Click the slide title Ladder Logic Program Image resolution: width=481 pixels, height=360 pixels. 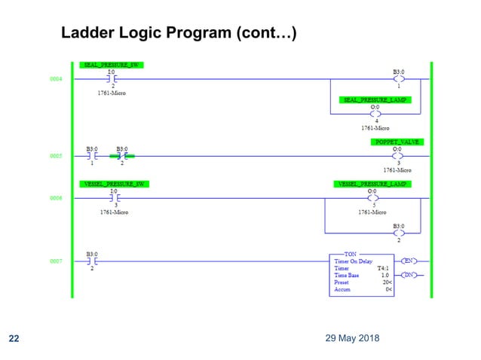[x=178, y=33]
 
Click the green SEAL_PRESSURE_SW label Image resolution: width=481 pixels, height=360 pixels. [x=111, y=65]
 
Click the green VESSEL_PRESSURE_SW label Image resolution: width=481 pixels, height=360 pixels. [x=113, y=184]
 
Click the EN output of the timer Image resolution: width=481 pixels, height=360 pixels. [x=408, y=261]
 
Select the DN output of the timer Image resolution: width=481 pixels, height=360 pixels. [x=408, y=276]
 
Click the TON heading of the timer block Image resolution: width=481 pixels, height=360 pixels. [x=351, y=255]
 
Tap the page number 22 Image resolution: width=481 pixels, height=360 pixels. [x=14, y=338]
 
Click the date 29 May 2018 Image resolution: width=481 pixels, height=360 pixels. [x=348, y=337]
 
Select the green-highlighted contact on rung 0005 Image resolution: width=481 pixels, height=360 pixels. [x=121, y=156]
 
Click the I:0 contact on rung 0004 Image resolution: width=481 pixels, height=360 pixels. [x=112, y=78]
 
